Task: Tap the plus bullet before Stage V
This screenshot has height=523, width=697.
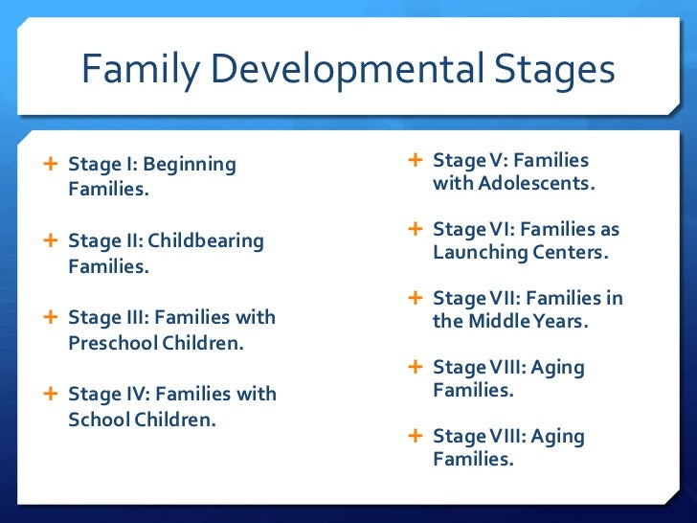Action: (x=416, y=160)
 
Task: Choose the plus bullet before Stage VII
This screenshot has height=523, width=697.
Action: (x=416, y=298)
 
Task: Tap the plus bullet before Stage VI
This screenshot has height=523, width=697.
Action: (x=416, y=229)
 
